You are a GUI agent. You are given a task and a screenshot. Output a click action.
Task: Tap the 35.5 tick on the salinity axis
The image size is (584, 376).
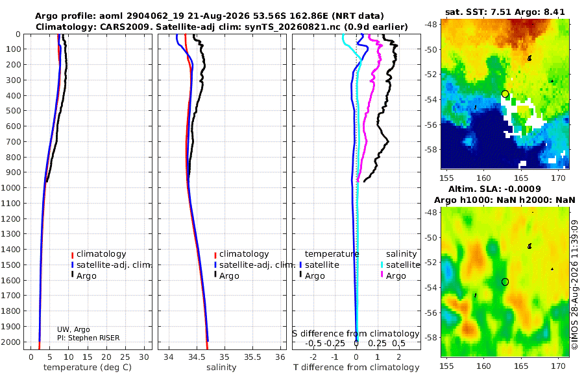[252, 357]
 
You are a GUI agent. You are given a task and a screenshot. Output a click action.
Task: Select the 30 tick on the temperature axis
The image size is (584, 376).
[144, 357]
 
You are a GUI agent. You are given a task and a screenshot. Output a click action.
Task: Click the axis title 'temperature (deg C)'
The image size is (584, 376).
[88, 368]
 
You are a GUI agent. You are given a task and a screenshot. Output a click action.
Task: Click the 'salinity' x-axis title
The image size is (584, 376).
[221, 368]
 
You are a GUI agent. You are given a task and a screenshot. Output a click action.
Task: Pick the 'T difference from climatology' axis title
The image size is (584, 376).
[356, 368]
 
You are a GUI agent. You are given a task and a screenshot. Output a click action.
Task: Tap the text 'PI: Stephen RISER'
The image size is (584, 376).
[88, 338]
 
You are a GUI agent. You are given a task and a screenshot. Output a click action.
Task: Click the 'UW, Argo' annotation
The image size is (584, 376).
[73, 329]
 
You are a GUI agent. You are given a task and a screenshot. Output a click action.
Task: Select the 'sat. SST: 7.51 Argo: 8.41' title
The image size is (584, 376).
[505, 12]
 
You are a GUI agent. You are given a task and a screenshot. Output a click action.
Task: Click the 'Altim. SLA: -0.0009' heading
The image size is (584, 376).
[494, 189]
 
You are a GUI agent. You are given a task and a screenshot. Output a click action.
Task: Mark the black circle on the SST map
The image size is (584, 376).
[505, 94]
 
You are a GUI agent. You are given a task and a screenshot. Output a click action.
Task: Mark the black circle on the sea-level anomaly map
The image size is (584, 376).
[505, 282]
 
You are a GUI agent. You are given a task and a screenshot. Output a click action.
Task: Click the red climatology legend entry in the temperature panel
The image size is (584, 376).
[99, 254]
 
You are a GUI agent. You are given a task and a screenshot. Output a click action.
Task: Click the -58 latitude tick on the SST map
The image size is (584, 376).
[431, 150]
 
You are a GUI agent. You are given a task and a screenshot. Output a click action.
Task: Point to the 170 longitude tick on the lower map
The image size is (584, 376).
[558, 366]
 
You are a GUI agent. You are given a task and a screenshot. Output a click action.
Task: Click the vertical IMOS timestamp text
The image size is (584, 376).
[575, 285]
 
